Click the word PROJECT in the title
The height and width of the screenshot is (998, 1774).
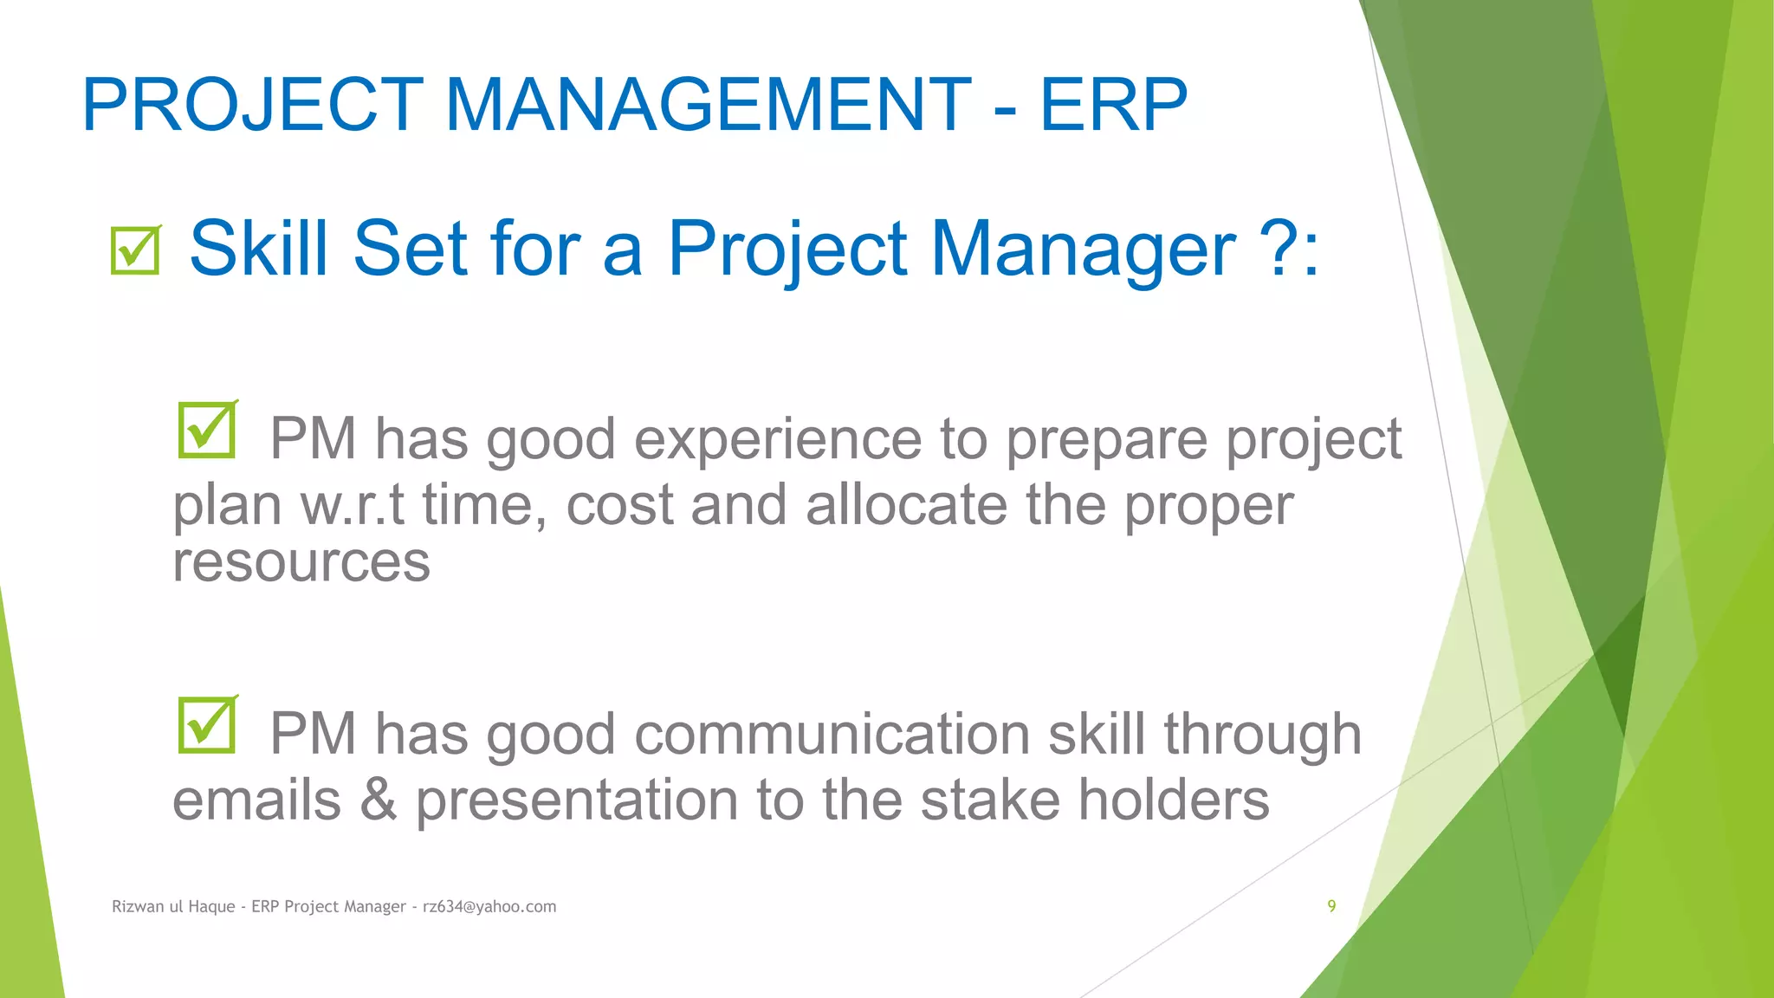pyautogui.click(x=252, y=105)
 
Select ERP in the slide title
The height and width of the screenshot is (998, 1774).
pyautogui.click(x=1113, y=105)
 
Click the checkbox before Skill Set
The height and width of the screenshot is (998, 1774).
pyautogui.click(x=136, y=250)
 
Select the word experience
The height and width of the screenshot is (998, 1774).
pyautogui.click(x=777, y=440)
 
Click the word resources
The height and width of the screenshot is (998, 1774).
pyautogui.click(x=301, y=563)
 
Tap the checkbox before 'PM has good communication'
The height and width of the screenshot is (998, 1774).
pyautogui.click(x=207, y=724)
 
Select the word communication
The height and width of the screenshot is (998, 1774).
pyautogui.click(x=832, y=734)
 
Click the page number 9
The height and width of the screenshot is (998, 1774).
pyautogui.click(x=1331, y=906)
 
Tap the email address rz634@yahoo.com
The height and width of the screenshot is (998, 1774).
pyautogui.click(x=489, y=907)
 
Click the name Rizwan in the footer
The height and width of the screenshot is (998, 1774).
pyautogui.click(x=138, y=907)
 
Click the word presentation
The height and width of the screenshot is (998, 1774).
pyautogui.click(x=576, y=800)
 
